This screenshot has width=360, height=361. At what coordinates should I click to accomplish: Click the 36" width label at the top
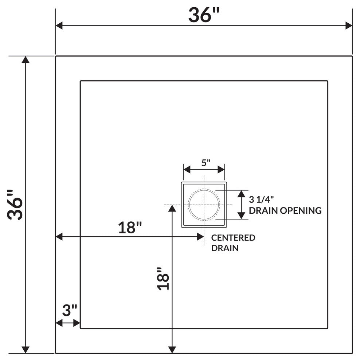(x=204, y=15)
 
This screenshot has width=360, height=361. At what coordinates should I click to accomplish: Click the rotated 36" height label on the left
(x=15, y=205)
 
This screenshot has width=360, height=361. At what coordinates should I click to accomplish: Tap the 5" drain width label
(x=206, y=163)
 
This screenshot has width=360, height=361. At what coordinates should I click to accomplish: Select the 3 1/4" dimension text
(x=261, y=199)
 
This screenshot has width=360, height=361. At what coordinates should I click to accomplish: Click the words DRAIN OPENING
(x=285, y=210)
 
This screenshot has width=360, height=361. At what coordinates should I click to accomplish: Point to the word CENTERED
(x=233, y=238)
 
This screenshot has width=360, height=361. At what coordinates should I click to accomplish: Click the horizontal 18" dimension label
(x=130, y=228)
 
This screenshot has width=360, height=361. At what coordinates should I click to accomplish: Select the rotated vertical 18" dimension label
(x=163, y=279)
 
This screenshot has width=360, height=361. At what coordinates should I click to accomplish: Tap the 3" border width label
(x=70, y=310)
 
